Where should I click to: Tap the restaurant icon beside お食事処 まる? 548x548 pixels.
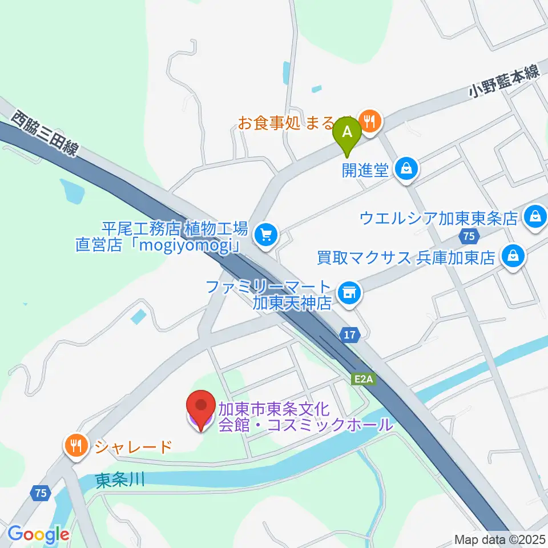pos(370,122)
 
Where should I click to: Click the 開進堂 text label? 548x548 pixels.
pos(365,170)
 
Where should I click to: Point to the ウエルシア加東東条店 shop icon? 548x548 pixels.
pos(535,217)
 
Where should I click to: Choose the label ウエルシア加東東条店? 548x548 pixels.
pos(438,217)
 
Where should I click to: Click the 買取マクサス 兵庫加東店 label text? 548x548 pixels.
pos(406,257)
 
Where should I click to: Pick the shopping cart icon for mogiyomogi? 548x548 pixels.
pos(265,234)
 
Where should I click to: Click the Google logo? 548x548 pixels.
pos(38,535)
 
